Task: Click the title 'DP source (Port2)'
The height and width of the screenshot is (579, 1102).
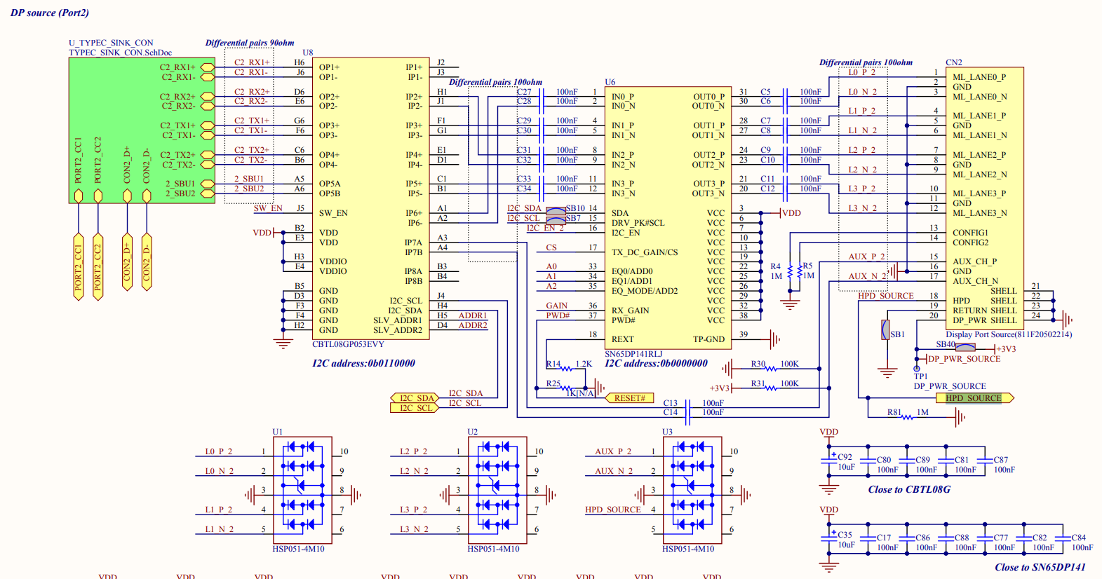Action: (50, 13)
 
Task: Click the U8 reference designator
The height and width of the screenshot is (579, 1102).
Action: (307, 53)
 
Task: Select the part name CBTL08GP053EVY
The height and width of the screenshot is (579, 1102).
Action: (348, 344)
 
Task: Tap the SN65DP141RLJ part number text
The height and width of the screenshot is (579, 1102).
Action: (633, 354)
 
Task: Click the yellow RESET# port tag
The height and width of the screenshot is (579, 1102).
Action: (629, 397)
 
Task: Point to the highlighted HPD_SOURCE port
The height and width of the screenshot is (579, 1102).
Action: (974, 398)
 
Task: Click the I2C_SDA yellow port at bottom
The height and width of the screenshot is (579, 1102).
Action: (415, 397)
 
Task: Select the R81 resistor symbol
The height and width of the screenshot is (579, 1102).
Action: (907, 417)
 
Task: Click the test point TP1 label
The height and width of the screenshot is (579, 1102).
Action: (920, 376)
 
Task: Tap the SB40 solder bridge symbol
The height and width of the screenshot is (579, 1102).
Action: (965, 348)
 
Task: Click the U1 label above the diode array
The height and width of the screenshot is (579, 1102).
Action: (278, 432)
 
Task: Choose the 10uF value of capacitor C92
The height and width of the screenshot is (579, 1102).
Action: (846, 467)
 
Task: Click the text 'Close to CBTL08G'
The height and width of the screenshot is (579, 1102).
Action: (909, 489)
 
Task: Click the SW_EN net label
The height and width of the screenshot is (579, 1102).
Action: (268, 208)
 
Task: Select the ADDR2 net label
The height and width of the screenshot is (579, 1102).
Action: (473, 325)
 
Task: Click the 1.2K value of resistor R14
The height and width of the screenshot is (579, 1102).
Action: (584, 365)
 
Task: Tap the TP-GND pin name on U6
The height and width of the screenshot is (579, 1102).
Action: (708, 339)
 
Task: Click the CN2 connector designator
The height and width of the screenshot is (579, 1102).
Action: (954, 62)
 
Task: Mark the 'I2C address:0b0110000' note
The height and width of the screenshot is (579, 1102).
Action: (363, 363)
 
